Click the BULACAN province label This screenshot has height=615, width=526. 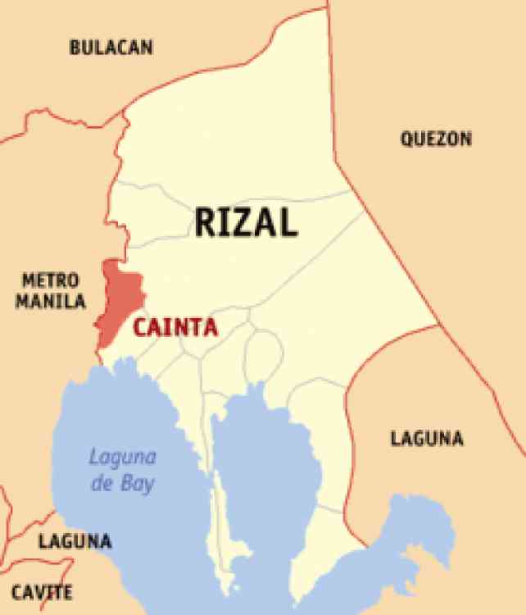(x=111, y=48)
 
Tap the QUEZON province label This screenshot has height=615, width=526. (x=436, y=139)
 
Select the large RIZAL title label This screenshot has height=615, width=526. (x=246, y=221)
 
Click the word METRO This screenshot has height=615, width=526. (x=51, y=280)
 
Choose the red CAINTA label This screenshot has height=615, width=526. (x=175, y=328)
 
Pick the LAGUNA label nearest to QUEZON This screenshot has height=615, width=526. (x=426, y=439)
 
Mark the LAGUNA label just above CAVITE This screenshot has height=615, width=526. (x=75, y=542)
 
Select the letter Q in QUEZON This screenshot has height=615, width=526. (x=407, y=139)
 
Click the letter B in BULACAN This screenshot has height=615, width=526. (x=75, y=48)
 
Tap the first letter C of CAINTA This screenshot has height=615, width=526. (x=140, y=328)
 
